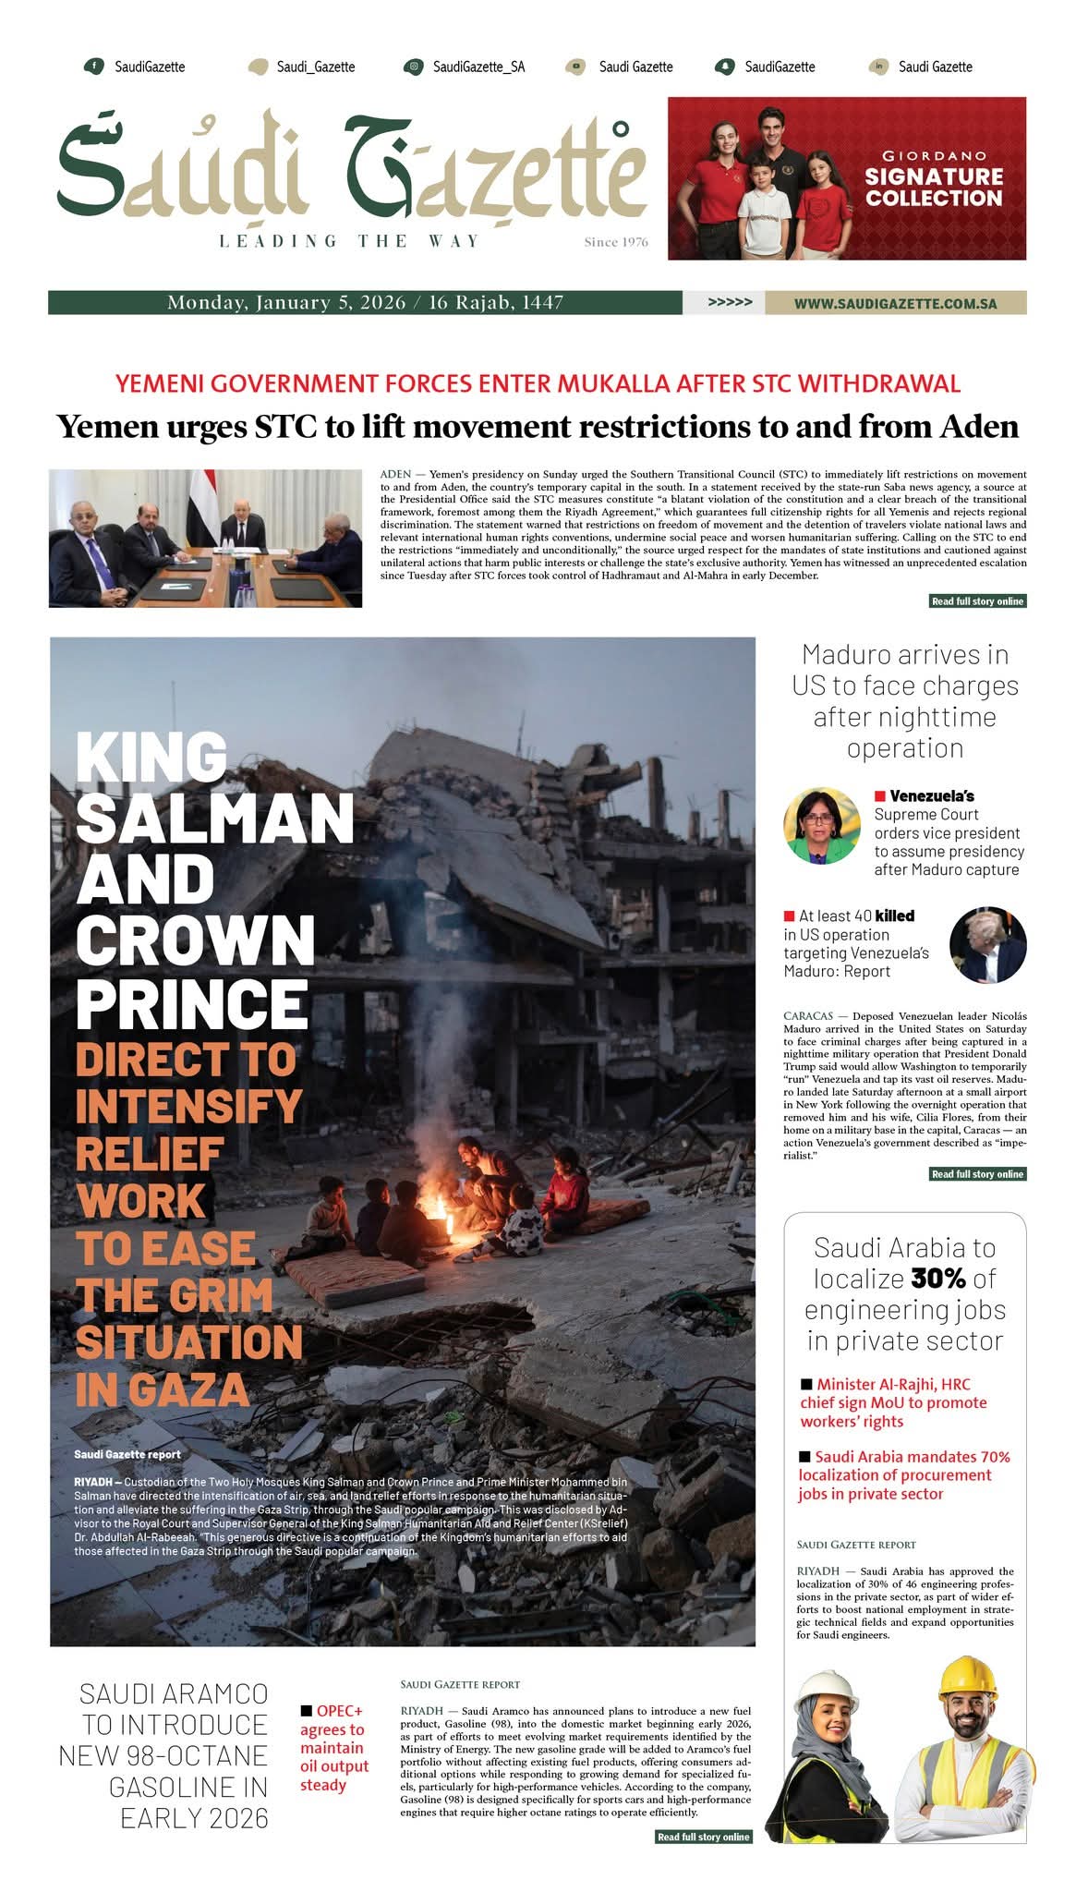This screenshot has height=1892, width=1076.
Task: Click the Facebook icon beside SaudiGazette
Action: pos(93,67)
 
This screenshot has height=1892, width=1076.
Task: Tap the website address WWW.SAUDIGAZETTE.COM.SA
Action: pos(895,303)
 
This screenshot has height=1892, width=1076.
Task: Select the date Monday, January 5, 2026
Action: pos(285,303)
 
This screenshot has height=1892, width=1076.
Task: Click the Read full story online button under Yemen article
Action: pos(977,601)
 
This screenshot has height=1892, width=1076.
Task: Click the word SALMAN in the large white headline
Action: pos(215,818)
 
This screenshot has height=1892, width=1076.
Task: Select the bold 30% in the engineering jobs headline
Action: pos(937,1279)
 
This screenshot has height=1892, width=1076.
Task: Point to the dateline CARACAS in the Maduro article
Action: pos(808,1016)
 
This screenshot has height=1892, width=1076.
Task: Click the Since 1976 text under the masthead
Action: pos(616,243)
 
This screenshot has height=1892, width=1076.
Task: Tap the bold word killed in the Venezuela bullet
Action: pos(894,916)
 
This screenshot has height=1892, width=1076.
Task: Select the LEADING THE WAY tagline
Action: pos(349,242)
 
